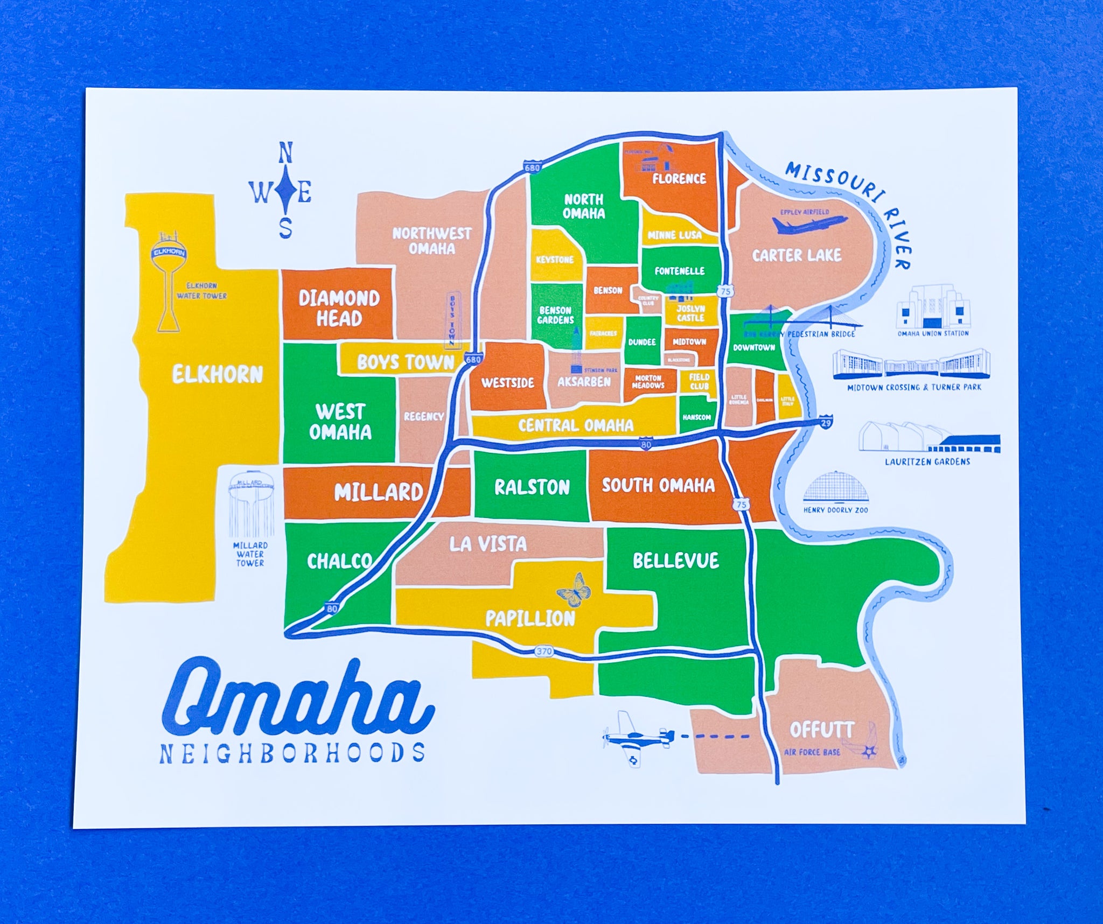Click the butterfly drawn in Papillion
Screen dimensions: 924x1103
tap(574, 588)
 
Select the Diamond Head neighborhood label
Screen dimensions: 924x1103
tap(339, 308)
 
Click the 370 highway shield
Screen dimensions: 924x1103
tap(544, 652)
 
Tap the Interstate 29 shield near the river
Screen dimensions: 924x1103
tap(826, 422)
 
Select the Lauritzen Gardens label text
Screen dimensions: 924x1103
tap(927, 461)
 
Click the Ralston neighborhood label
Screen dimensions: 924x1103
tap(532, 487)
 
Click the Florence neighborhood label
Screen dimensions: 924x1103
tap(679, 179)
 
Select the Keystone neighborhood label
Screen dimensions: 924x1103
tap(555, 260)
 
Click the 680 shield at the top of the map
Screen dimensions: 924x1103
tap(532, 167)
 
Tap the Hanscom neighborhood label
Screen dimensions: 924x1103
tap(696, 417)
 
